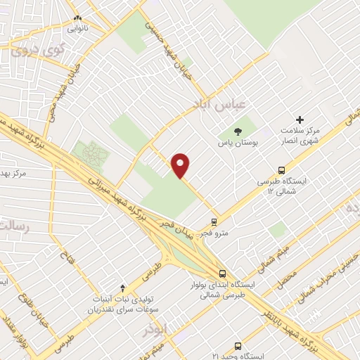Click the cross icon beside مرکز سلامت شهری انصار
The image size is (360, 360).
click(x=300, y=120)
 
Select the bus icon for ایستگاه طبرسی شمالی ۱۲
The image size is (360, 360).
click(x=282, y=169)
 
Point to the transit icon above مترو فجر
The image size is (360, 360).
click(x=214, y=221)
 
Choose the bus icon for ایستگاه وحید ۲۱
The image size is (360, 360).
click(x=238, y=346)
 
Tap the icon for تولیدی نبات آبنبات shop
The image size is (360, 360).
click(x=124, y=288)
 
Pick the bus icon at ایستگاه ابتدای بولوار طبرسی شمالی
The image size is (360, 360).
click(x=223, y=274)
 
